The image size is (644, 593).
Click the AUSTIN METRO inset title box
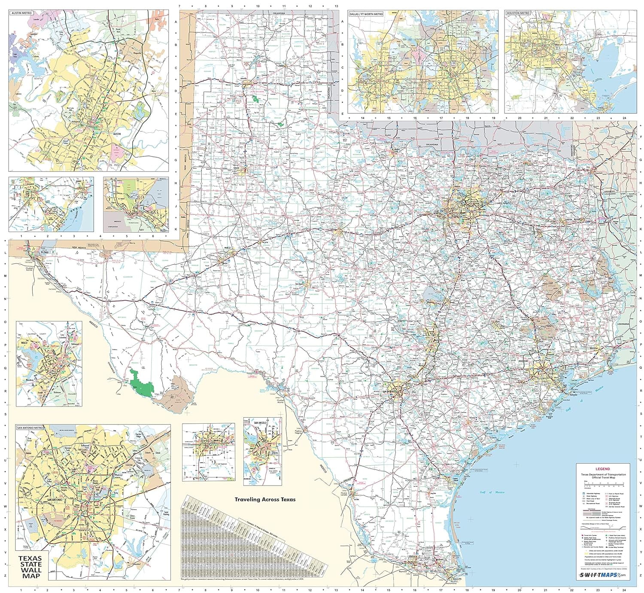tap(21, 13)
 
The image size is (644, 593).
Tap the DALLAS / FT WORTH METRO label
tap(366, 14)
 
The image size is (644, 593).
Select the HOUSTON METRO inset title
tap(518, 13)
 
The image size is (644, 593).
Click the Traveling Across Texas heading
tap(265, 500)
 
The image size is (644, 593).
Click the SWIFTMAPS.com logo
tap(602, 575)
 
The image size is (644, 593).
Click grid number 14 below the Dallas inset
tap(362, 117)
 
